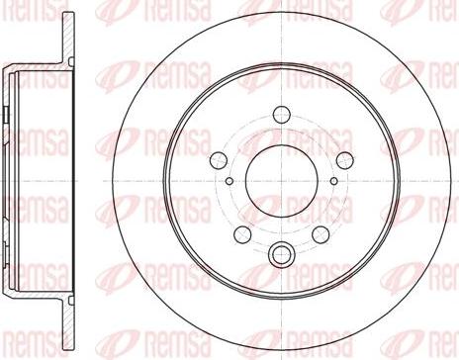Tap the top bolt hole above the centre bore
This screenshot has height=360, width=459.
click(281, 113)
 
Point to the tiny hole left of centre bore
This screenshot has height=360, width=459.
click(229, 182)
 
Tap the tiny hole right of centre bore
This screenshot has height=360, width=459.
click(333, 182)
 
